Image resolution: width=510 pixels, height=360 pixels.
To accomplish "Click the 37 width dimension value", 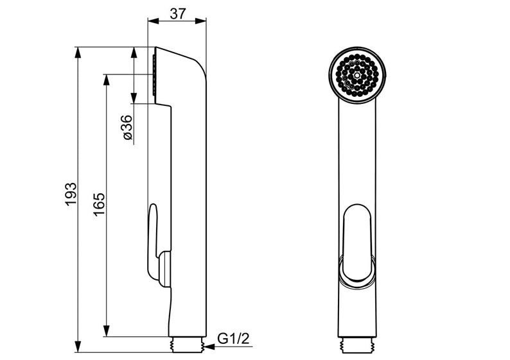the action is [178, 13].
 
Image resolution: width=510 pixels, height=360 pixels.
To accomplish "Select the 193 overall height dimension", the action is [71, 194].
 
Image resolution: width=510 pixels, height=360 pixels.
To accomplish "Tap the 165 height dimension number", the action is [99, 204].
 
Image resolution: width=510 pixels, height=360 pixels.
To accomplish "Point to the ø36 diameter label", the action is [127, 127].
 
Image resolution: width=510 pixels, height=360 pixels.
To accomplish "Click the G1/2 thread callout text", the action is [233, 339].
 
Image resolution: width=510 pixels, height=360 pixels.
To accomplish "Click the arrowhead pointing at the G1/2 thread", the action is [210, 347].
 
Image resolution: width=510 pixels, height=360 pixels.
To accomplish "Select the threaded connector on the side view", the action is [188, 345].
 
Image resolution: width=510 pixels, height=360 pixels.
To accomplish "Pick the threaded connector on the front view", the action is [357, 345].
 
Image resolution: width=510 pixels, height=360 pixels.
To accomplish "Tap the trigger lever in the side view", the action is [152, 241].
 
